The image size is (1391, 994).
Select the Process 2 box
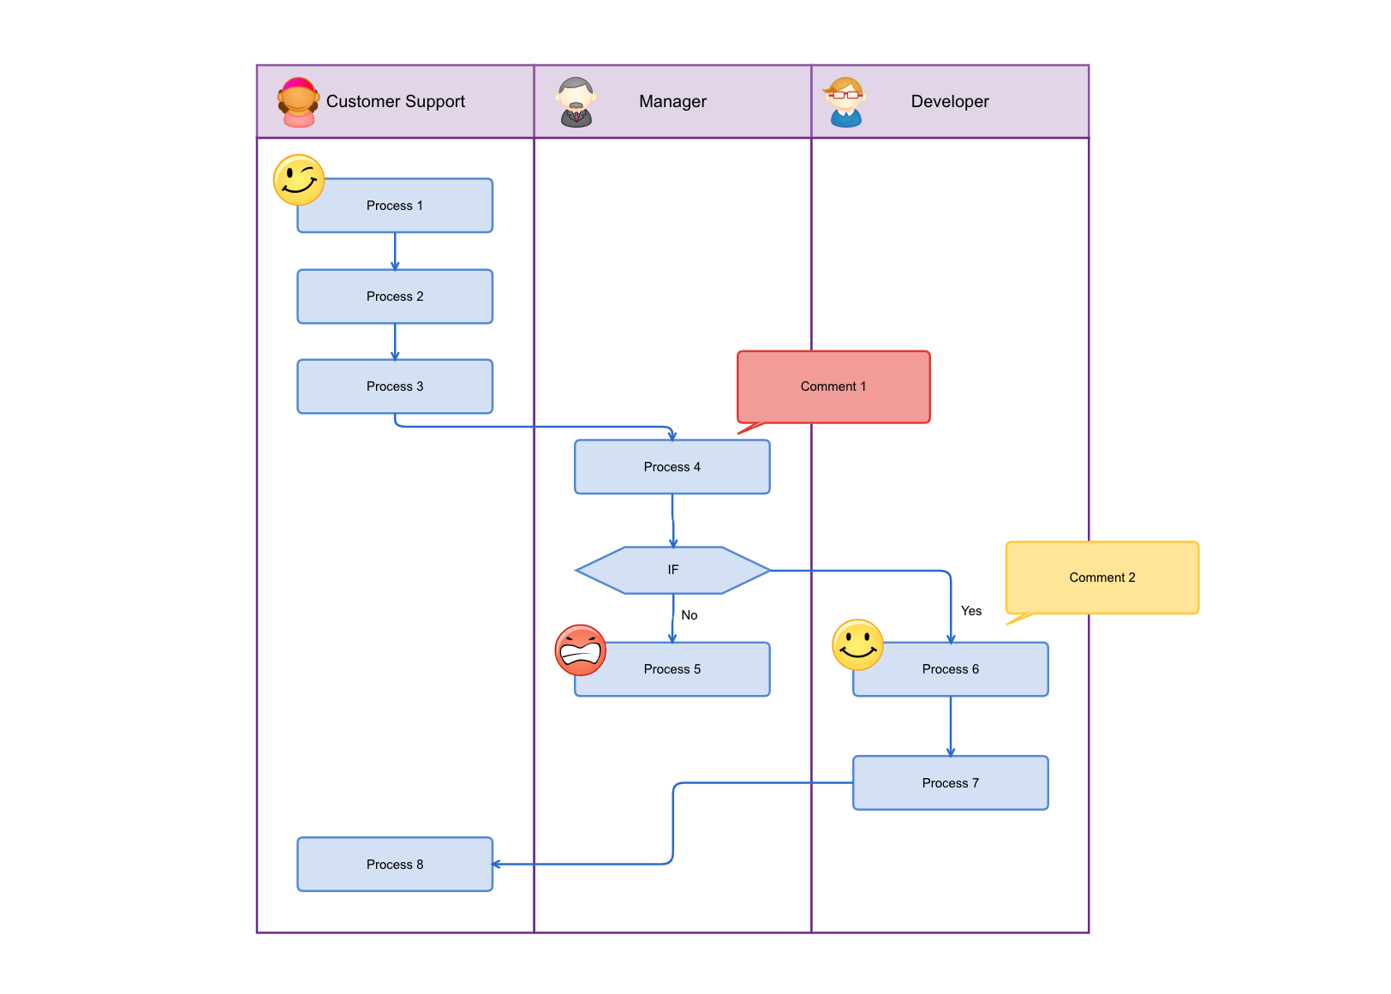(x=395, y=296)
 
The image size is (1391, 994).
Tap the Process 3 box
(x=395, y=386)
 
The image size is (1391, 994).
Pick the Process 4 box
(x=672, y=467)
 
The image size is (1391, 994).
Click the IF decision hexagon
(x=672, y=570)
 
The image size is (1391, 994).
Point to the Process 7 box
(x=951, y=783)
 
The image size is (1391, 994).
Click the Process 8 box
(x=395, y=865)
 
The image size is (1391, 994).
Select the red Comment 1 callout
(x=833, y=386)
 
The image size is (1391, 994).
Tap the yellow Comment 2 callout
(x=1102, y=578)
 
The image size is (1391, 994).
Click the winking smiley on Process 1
(x=299, y=180)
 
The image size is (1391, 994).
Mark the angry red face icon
(x=581, y=650)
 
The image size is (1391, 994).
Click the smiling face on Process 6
(x=857, y=645)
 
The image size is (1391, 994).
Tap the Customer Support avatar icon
(x=298, y=102)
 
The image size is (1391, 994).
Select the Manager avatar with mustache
(x=576, y=102)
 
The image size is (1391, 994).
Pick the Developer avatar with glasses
(x=845, y=102)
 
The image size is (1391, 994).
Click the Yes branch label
(x=971, y=611)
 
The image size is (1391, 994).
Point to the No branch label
(x=690, y=615)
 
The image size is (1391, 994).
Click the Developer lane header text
(x=950, y=101)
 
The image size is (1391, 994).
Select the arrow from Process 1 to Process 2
(x=395, y=251)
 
